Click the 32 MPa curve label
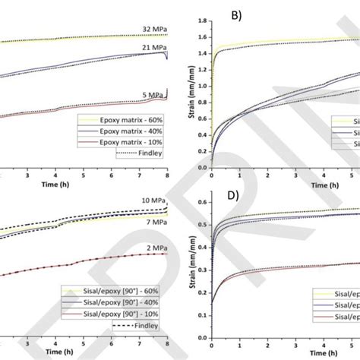tap(154, 29)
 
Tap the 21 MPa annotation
tap(154, 47)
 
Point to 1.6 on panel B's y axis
tap(201, 36)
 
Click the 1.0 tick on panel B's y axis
tap(201, 85)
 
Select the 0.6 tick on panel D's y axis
tap(201, 203)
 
